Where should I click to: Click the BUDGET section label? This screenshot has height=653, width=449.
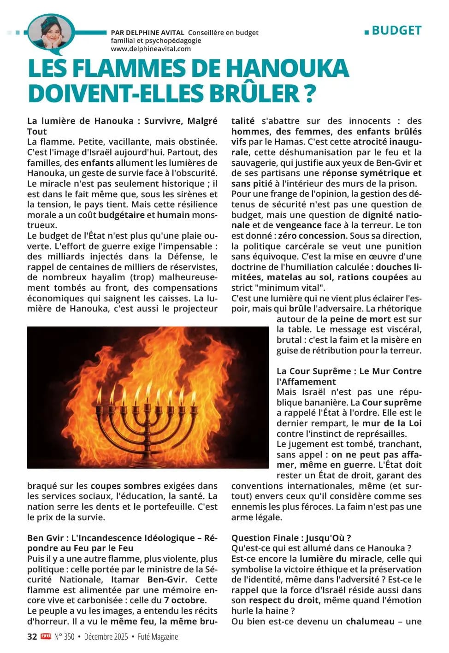(396, 30)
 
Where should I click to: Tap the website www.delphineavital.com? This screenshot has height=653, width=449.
(151, 49)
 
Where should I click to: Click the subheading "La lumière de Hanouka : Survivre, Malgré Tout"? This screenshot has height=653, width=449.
(122, 126)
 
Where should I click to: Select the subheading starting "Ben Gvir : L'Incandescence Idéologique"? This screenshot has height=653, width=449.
(122, 543)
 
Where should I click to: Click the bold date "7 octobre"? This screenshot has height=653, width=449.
(185, 600)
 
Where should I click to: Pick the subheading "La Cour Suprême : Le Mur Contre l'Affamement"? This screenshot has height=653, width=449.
(349, 376)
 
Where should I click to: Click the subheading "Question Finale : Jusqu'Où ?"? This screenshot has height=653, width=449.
(291, 538)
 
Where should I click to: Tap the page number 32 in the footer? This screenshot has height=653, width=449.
(32, 637)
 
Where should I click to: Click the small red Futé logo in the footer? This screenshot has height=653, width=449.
(46, 636)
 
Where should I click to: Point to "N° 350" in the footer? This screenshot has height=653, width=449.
(64, 637)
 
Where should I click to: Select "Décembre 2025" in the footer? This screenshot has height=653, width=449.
(106, 637)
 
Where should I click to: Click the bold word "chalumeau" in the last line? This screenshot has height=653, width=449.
(370, 621)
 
